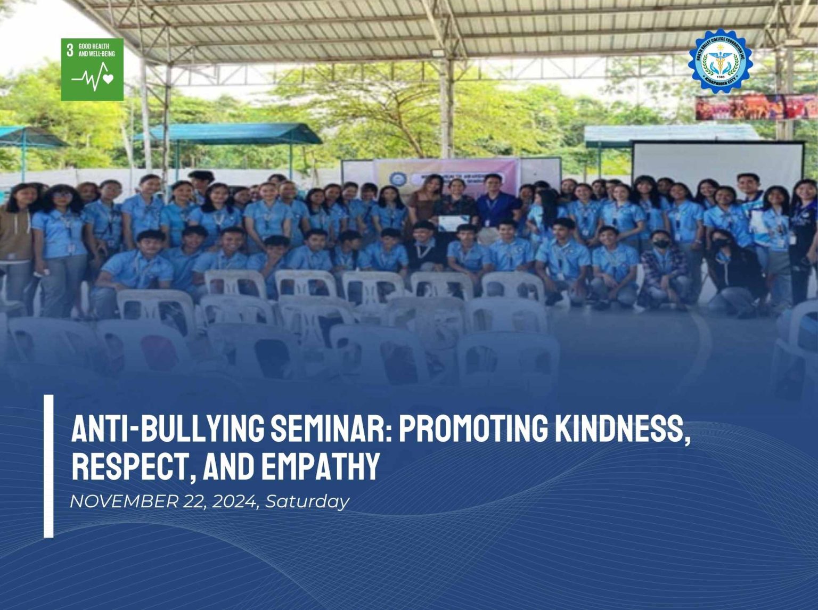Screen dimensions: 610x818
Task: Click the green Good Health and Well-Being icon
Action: pyautogui.click(x=92, y=69)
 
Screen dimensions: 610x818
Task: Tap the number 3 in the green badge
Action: pyautogui.click(x=70, y=51)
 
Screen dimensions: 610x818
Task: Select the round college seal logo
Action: pyautogui.click(x=720, y=61)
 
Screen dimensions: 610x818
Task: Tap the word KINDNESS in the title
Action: pyautogui.click(x=618, y=428)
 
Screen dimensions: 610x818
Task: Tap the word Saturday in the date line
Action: pyautogui.click(x=307, y=501)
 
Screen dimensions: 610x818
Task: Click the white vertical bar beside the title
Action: pyautogui.click(x=48, y=466)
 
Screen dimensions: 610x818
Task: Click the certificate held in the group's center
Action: pyautogui.click(x=454, y=222)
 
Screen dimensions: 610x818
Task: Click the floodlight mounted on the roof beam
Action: pyautogui.click(x=438, y=53)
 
